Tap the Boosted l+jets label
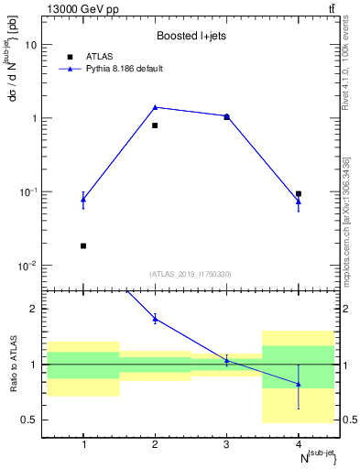point(191,35)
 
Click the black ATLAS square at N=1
point(83,245)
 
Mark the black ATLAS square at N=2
point(155,125)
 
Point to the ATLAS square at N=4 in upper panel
point(299,194)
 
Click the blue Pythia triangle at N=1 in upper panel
point(83,199)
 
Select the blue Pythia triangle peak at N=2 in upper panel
point(155,107)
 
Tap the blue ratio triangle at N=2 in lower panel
point(155,318)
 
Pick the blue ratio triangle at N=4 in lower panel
point(299,384)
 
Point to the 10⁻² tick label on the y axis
point(30,266)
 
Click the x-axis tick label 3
point(226,445)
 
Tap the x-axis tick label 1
point(83,445)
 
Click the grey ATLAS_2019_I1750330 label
point(191,274)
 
